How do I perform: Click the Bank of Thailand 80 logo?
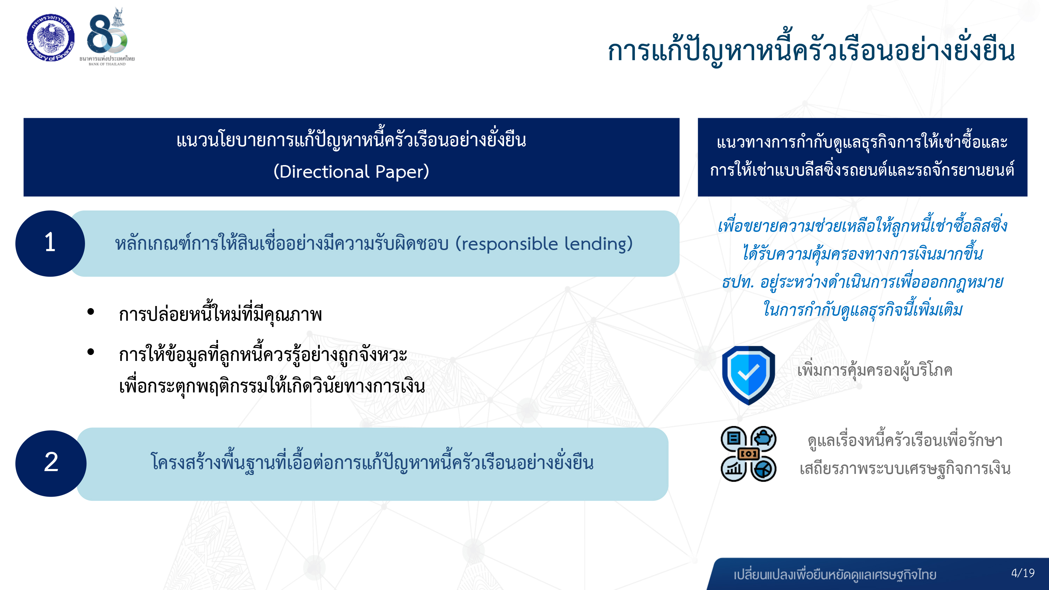point(107,36)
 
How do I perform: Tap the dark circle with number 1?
point(50,243)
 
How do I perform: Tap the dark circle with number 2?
point(51,463)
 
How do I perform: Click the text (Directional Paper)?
point(351,171)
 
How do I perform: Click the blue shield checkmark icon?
point(748,375)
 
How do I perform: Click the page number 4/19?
point(1022,573)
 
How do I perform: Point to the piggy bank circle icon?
point(763,439)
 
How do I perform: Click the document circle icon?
point(733,439)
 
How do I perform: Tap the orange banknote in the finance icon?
point(749,454)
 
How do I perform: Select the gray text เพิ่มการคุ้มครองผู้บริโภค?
point(874,370)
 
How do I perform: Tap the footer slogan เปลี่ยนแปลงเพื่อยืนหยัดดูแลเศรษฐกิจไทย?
point(835,575)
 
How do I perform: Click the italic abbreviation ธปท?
point(737,282)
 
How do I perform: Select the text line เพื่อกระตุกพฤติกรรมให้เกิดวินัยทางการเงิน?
point(272,386)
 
